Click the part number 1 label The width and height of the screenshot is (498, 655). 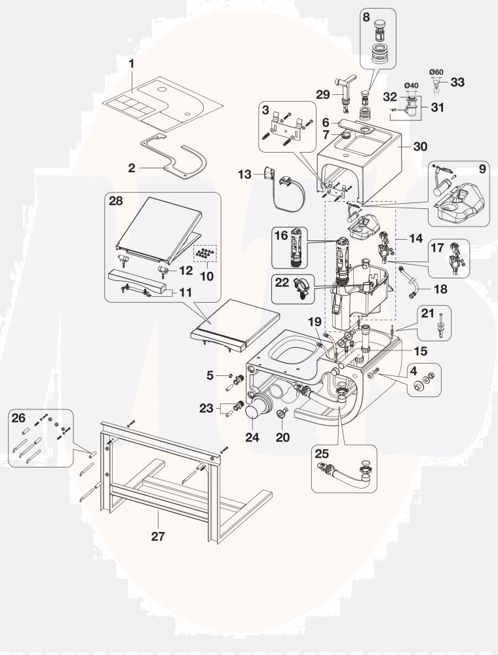(132, 64)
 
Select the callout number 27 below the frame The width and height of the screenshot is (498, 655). (158, 536)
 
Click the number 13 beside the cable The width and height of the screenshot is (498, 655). (244, 174)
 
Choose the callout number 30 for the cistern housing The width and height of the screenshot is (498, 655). (420, 147)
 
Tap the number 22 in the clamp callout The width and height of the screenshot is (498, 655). (282, 282)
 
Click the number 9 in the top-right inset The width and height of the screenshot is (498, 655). (482, 168)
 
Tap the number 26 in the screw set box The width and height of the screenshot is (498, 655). (19, 417)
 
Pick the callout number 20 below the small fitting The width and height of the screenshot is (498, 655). (282, 437)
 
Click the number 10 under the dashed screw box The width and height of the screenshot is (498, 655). (206, 276)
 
